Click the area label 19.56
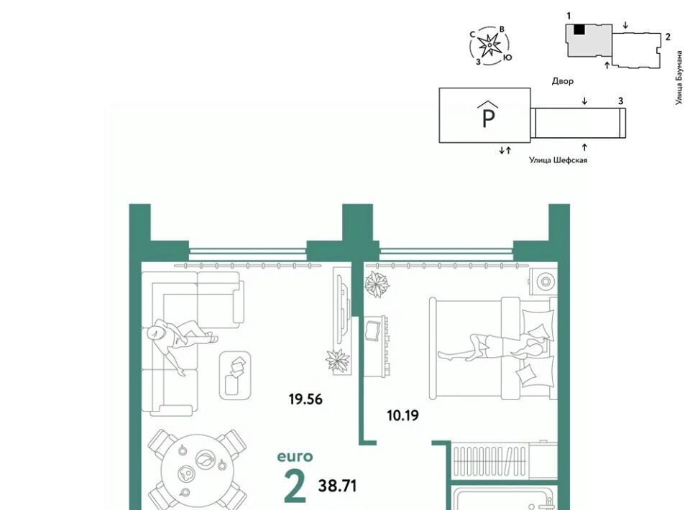click(x=305, y=399)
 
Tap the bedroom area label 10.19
click(x=402, y=415)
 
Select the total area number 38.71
click(x=337, y=486)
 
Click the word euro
click(x=295, y=457)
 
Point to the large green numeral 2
click(x=295, y=486)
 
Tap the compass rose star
click(x=489, y=45)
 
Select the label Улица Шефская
click(x=558, y=160)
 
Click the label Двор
click(x=562, y=81)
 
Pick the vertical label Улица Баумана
click(x=679, y=78)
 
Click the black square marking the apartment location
click(x=579, y=29)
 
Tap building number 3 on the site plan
click(x=620, y=101)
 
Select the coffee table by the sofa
click(x=235, y=375)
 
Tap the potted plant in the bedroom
click(x=377, y=284)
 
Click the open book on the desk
click(x=373, y=330)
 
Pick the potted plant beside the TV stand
click(x=338, y=361)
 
